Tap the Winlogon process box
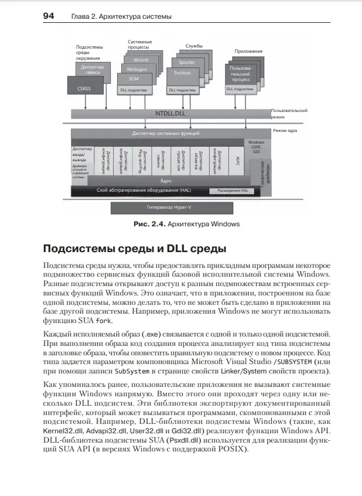[x=136, y=69]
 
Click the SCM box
[x=133, y=78]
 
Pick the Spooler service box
[x=187, y=62]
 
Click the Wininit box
[x=141, y=60]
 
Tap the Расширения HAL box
[x=232, y=191]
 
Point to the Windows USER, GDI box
[x=256, y=147]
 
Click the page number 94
[x=49, y=16]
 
